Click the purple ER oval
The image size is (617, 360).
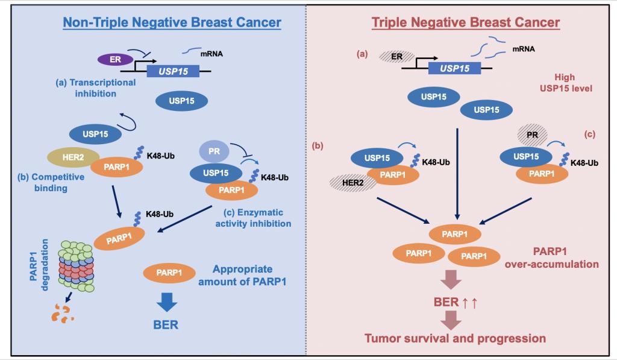coord(115,60)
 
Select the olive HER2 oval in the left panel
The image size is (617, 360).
coord(73,157)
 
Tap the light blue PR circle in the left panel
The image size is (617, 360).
coord(214,151)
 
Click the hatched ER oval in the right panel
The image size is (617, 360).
coord(396,57)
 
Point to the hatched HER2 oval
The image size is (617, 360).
coord(352,183)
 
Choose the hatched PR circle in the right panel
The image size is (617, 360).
coord(532,135)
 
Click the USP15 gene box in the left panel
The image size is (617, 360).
coord(173,71)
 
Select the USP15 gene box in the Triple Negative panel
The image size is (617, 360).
coord(454,68)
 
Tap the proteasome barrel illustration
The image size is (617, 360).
coord(77,267)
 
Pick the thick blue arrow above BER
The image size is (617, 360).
coord(167,303)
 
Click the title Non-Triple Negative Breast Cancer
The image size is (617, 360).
coord(172,22)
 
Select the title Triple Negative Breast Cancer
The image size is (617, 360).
coord(466,22)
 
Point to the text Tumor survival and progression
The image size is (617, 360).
coord(456,338)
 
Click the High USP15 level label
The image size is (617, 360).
coord(566,83)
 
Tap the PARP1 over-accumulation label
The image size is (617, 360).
coord(552,257)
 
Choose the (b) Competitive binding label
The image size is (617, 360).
coord(51,182)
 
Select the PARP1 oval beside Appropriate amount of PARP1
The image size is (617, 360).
coord(169,273)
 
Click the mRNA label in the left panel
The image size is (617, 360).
coord(211,54)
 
